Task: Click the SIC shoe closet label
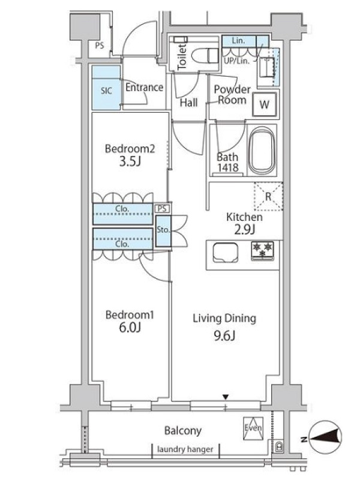click(106, 91)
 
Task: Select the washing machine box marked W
click(264, 104)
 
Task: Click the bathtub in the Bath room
click(262, 149)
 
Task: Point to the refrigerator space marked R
click(268, 196)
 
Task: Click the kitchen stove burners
click(262, 250)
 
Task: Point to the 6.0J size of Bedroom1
click(130, 327)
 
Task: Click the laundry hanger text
click(185, 449)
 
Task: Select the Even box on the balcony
click(253, 427)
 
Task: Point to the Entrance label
click(144, 87)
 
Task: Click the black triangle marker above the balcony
click(226, 397)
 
